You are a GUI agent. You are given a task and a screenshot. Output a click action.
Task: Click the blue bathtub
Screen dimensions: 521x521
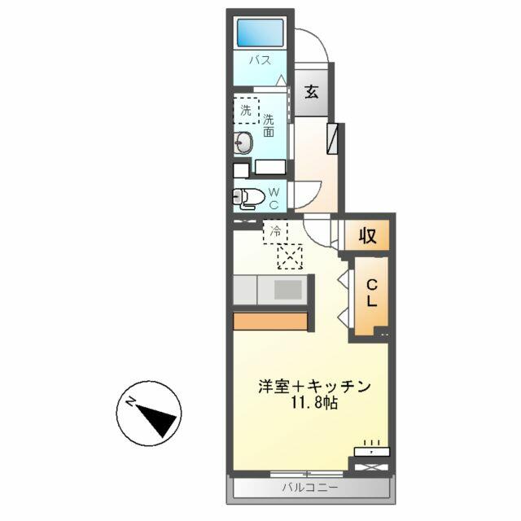click(260, 33)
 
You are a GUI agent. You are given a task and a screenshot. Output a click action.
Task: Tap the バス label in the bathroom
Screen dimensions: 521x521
click(260, 60)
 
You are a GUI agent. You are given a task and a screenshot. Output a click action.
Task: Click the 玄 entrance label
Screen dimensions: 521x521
click(312, 92)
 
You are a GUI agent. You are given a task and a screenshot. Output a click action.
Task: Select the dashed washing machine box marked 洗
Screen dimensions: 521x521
click(246, 111)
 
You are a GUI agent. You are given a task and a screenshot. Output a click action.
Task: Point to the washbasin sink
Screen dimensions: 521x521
click(243, 143)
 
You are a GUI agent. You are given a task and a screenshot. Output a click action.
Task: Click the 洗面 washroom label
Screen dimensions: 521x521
click(269, 125)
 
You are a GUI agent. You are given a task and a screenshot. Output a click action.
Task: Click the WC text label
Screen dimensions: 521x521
click(274, 199)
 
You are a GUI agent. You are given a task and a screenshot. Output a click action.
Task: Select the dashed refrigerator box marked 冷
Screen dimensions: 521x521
click(275, 231)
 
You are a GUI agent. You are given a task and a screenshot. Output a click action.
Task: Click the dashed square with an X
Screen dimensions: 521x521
click(290, 256)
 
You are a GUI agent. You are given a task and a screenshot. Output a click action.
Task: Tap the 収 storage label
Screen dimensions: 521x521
click(367, 235)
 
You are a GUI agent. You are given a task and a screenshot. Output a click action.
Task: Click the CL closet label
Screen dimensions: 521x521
click(371, 293)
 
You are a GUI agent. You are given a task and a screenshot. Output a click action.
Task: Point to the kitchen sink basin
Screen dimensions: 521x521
click(287, 290)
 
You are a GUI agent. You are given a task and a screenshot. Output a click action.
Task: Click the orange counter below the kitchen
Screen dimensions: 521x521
click(270, 322)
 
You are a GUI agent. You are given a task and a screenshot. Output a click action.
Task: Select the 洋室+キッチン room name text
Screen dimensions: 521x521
click(314, 387)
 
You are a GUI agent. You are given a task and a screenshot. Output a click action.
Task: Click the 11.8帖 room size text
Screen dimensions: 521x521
click(314, 404)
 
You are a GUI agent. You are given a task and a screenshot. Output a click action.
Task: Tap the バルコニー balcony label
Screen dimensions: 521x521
click(309, 488)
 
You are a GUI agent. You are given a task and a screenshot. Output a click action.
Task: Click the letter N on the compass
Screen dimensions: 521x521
click(130, 402)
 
